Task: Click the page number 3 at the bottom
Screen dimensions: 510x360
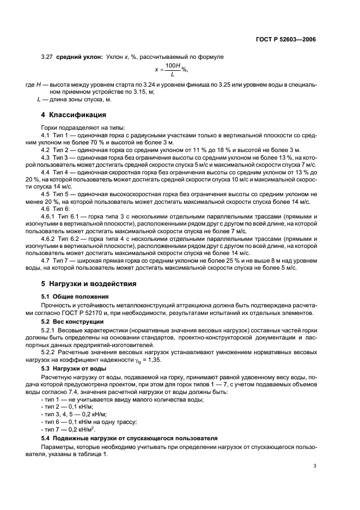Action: [314, 466]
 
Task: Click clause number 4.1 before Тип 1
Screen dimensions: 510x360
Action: [47, 134]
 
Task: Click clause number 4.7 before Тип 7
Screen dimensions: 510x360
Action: [47, 259]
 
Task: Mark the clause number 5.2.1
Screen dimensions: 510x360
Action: [50, 330]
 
